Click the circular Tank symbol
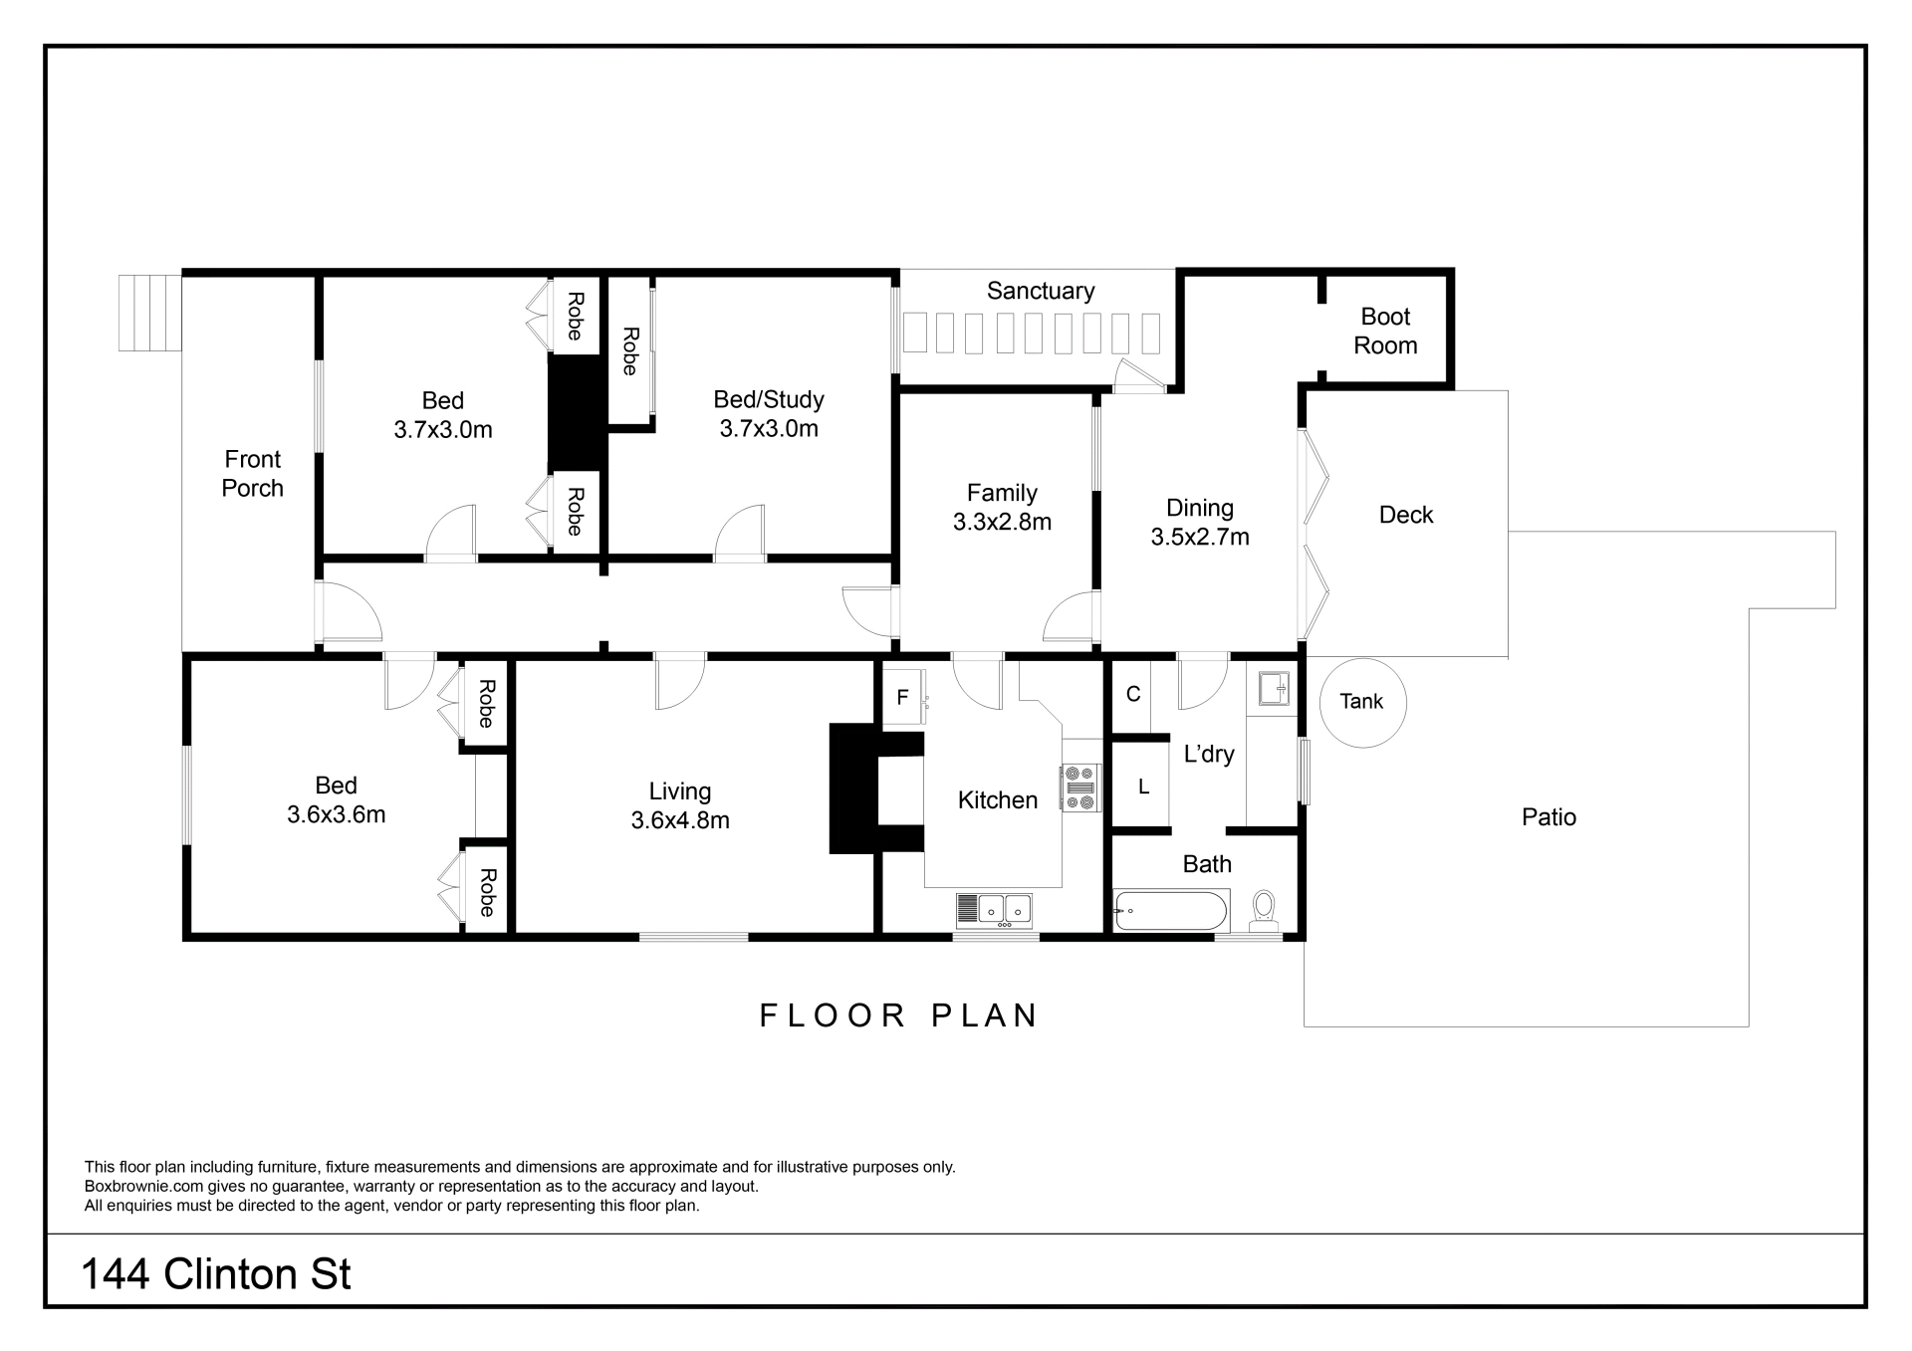[x=1362, y=702]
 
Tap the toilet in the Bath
[x=1264, y=911]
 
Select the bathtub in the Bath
[x=1172, y=910]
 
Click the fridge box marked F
[x=904, y=696]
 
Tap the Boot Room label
[x=1385, y=331]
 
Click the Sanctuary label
[x=1041, y=291]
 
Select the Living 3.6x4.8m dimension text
[x=680, y=820]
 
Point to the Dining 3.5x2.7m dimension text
[x=1200, y=537]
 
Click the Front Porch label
[x=253, y=474]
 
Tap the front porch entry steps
[x=149, y=313]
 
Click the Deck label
[x=1406, y=515]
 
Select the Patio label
[x=1549, y=817]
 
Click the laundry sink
[x=1274, y=688]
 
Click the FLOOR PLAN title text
[x=899, y=1015]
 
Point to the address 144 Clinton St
[x=216, y=1274]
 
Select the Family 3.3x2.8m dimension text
[x=1002, y=522]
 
